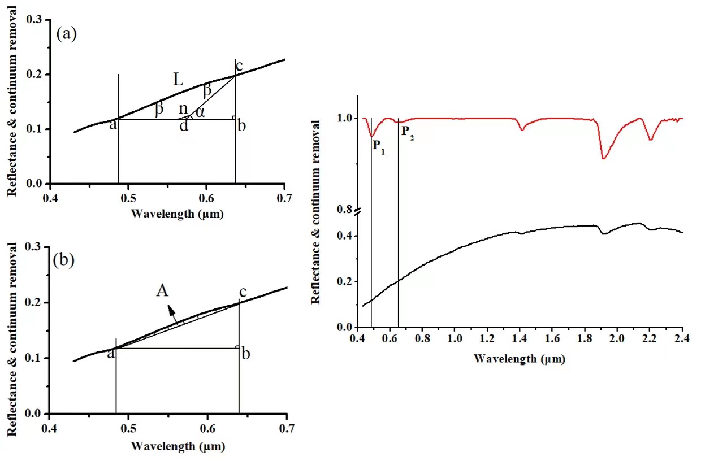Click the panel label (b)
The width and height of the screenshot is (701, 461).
pyautogui.click(x=64, y=260)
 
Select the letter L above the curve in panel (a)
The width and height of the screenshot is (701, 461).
pyautogui.click(x=178, y=80)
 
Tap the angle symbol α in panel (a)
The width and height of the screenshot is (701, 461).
pyautogui.click(x=200, y=112)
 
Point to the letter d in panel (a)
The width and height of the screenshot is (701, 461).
pyautogui.click(x=184, y=125)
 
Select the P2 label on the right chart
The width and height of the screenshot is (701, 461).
pyautogui.click(x=408, y=133)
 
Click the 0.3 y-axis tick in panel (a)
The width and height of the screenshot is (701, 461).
pyautogui.click(x=36, y=20)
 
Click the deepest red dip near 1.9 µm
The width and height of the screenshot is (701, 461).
pyautogui.click(x=604, y=158)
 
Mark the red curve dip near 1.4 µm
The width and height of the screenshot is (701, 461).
pyautogui.click(x=522, y=130)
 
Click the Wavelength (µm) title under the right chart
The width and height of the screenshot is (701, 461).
pyautogui.click(x=519, y=358)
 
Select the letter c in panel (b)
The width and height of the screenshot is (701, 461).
pyautogui.click(x=243, y=293)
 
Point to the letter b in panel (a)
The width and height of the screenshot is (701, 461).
pyautogui.click(x=241, y=125)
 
